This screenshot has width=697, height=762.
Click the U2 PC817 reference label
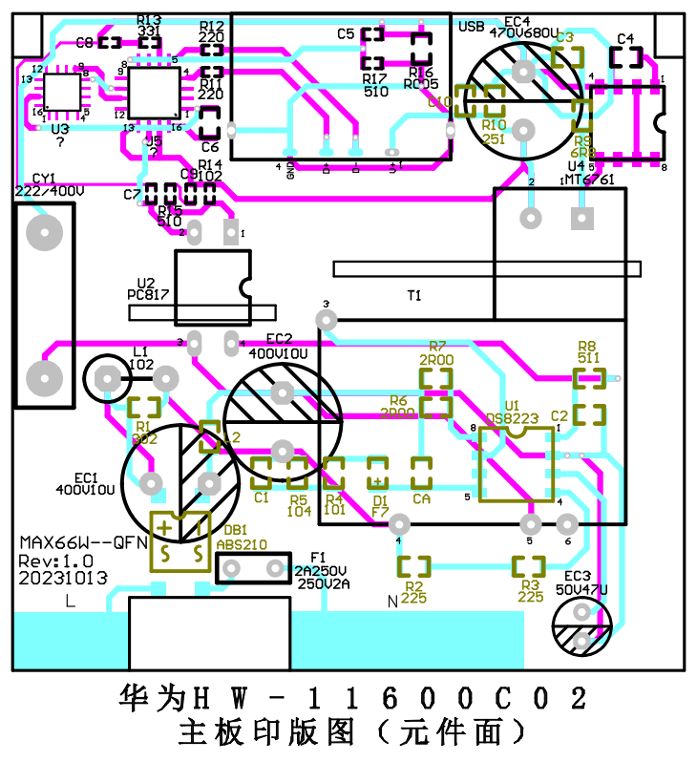147,289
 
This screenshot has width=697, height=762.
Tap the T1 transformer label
413,296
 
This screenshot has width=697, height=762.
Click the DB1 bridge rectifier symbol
180,540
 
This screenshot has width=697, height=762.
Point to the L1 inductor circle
111,379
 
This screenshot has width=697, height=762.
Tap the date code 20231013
63,578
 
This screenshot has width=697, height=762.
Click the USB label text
472,27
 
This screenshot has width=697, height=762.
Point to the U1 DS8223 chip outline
517,465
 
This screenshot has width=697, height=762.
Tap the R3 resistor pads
530,566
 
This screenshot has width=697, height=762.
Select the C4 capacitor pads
625,57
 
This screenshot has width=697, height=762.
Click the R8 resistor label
588,351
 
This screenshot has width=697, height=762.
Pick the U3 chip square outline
63,93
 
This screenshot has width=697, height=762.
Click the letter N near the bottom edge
391,602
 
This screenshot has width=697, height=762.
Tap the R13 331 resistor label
149,26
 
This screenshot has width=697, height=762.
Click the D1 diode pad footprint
379,470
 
